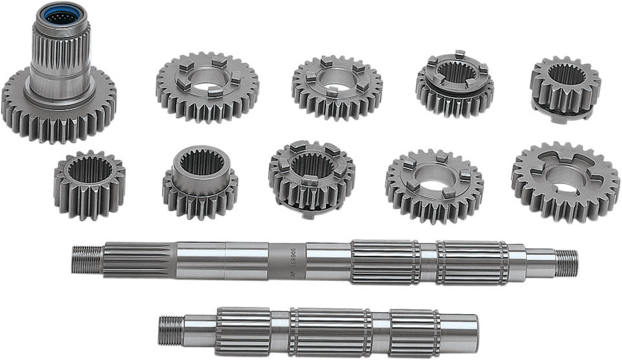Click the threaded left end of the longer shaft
[x=85, y=257]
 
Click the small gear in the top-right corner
[x=564, y=87]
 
